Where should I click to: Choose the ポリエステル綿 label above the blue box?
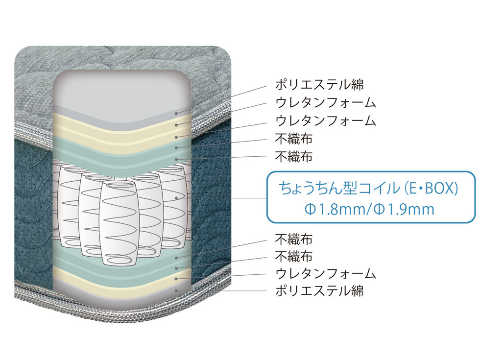pos(319,85)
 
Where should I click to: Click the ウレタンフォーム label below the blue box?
pos(326,273)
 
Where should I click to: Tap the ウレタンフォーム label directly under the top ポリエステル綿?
pos(326,103)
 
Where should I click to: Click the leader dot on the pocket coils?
pos(176,198)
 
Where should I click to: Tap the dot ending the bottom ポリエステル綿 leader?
pos(176,290)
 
